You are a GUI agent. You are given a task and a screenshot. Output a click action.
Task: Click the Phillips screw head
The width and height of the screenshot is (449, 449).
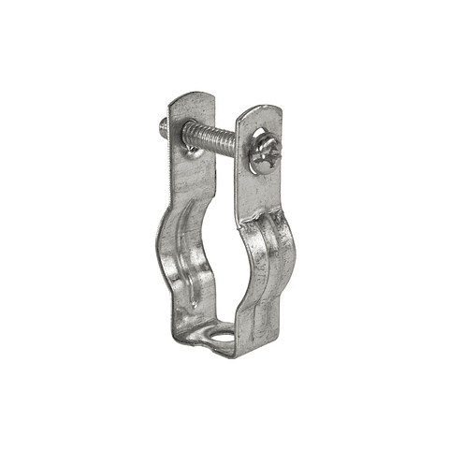coord(264,152)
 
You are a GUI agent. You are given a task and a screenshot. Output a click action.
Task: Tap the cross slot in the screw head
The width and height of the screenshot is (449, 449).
coord(266,152)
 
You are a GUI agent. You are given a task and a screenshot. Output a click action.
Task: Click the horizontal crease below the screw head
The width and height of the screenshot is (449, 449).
coord(261,217)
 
